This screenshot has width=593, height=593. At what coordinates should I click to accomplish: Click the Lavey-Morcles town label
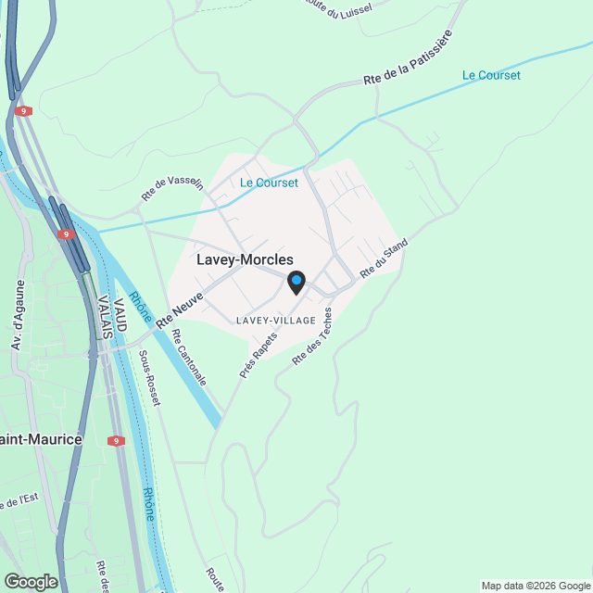tap(245, 260)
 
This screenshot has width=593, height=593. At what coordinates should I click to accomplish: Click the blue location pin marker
tap(296, 282)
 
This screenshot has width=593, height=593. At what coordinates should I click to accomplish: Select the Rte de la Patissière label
tap(409, 57)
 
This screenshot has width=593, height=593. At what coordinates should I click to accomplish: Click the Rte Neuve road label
tap(180, 309)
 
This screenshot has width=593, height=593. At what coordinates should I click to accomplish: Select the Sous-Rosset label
tap(149, 377)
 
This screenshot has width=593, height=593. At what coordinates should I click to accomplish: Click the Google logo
tap(30, 582)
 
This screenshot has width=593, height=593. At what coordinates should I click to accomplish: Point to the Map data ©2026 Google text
tap(536, 586)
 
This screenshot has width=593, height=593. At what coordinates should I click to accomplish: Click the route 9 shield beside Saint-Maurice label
tap(116, 440)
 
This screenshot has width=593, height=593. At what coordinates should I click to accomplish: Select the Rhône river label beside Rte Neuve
tap(142, 308)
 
